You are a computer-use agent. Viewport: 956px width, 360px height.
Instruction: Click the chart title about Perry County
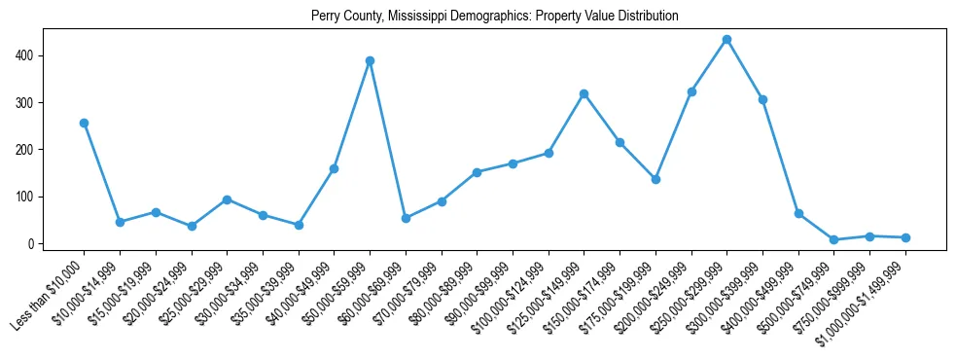coord(494,16)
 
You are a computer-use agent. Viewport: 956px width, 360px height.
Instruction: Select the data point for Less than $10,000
coord(84,123)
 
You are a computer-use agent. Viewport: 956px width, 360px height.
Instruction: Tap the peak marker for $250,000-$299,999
coord(726,39)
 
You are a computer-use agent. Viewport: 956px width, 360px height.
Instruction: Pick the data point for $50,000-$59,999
coord(370,60)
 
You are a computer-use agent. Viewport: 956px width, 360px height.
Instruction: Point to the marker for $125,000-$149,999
coord(584,93)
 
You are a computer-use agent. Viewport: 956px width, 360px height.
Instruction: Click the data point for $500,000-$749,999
coord(833,239)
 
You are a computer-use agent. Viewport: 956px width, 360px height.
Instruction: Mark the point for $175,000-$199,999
coord(655,179)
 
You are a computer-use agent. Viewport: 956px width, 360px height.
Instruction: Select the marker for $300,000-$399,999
coord(762,99)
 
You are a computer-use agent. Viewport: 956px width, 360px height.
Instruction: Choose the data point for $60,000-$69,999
coord(406,218)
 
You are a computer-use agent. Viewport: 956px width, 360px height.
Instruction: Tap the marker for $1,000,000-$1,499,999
coord(905,237)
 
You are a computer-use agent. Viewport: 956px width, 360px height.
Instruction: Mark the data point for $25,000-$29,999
coord(227,199)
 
